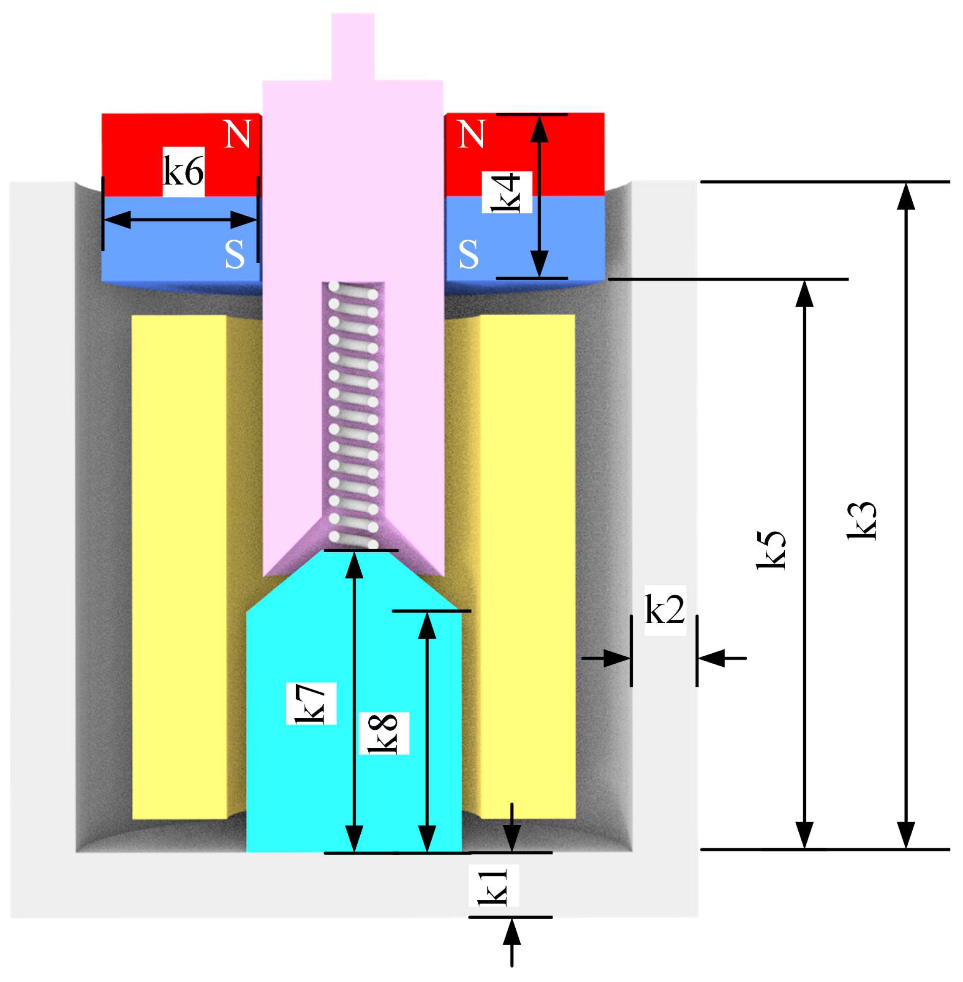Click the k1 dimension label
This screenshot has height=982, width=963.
(x=493, y=887)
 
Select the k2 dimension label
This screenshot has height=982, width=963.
(x=664, y=610)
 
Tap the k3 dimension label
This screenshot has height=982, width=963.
(x=861, y=521)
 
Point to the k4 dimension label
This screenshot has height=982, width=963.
(x=506, y=192)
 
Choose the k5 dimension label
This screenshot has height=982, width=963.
(x=771, y=551)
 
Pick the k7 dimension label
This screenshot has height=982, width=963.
(x=310, y=704)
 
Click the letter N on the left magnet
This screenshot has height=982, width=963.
(x=237, y=134)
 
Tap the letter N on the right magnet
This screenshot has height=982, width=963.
(x=471, y=134)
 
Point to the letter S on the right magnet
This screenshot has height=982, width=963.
(x=468, y=254)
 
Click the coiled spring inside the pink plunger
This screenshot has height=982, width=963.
(x=353, y=415)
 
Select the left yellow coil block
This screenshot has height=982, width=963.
(x=179, y=567)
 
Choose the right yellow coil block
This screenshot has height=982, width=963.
(x=527, y=567)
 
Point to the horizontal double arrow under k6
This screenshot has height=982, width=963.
(x=180, y=220)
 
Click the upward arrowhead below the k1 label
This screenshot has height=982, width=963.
(x=511, y=931)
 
